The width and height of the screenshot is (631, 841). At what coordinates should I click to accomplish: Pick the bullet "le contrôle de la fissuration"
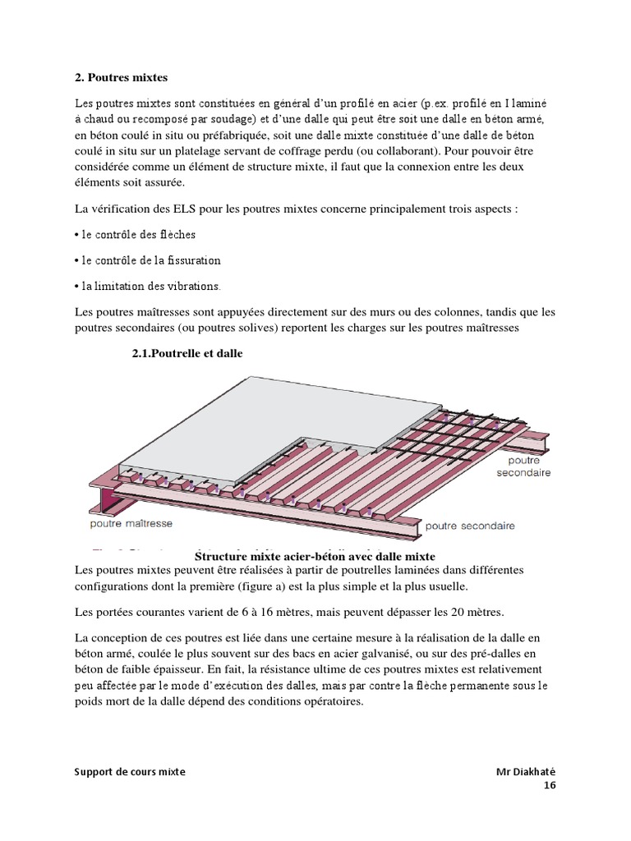click(x=147, y=260)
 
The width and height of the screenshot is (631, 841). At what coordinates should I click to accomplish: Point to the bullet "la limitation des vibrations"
click(x=147, y=286)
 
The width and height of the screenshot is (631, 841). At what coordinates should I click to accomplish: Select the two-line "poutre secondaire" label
click(x=523, y=467)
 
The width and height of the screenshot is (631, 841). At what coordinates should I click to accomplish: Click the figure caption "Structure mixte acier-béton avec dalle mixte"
click(x=315, y=557)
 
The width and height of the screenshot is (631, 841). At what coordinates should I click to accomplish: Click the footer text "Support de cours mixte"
click(x=130, y=772)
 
